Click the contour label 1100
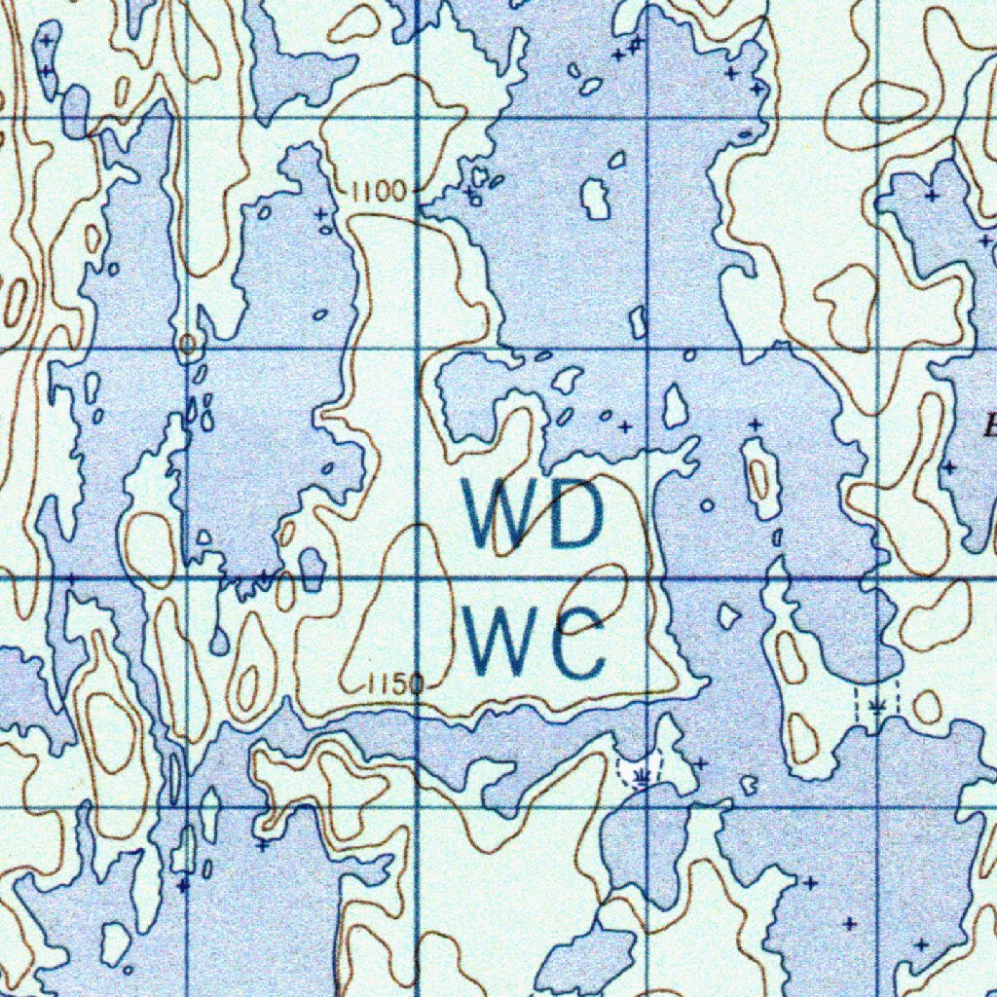(x=379, y=192)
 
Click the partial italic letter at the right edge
(x=990, y=425)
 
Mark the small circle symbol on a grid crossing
(x=187, y=343)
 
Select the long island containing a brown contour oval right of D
(x=759, y=477)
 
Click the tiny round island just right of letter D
(x=708, y=505)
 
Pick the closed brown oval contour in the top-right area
(x=892, y=100)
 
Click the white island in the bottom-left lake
(x=115, y=942)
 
